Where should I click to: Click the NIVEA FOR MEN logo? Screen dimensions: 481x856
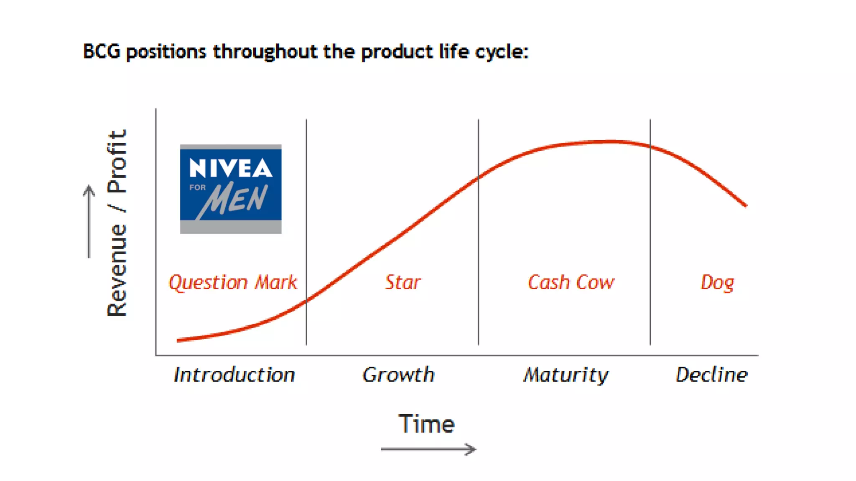click(x=230, y=189)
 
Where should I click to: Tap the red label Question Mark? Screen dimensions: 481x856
click(x=233, y=283)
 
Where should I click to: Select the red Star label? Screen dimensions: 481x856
click(x=403, y=282)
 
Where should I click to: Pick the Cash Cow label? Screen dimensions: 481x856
click(x=571, y=282)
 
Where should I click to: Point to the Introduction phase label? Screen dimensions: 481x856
click(x=234, y=375)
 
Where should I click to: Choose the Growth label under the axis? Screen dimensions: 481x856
click(x=398, y=375)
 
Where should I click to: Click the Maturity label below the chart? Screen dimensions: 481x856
click(x=566, y=375)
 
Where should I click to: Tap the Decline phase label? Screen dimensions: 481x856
click(x=711, y=375)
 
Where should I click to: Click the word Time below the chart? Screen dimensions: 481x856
click(x=426, y=424)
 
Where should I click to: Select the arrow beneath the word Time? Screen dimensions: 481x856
click(x=428, y=449)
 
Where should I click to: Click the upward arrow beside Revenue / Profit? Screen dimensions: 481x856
click(x=89, y=221)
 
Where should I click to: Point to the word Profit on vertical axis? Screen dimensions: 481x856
click(x=117, y=161)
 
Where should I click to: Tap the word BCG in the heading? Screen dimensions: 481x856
click(x=102, y=52)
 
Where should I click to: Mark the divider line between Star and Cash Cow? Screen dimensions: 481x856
click(x=478, y=251)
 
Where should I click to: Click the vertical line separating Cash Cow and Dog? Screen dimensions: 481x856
click(x=650, y=251)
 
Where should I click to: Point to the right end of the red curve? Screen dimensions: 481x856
click(x=745, y=205)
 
